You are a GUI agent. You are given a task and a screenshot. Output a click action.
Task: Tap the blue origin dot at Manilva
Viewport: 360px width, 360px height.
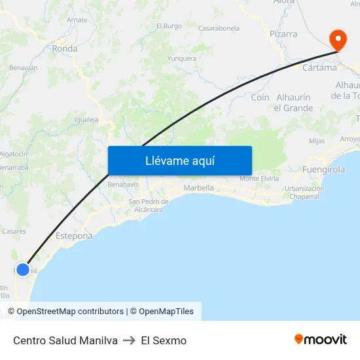(23, 269)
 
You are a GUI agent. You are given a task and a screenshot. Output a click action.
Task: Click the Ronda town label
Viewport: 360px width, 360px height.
(65, 48)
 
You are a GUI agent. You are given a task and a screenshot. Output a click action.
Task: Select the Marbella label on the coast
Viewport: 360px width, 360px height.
(198, 188)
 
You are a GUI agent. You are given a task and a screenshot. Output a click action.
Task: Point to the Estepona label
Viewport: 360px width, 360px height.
(74, 236)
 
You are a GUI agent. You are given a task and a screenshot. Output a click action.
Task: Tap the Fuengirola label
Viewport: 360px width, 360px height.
(324, 170)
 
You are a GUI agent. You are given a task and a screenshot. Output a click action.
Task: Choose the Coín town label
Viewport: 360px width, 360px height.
(260, 97)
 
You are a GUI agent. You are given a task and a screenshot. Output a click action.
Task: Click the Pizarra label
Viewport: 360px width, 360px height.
(283, 33)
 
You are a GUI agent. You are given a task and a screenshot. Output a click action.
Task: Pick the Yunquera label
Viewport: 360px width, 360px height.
(182, 58)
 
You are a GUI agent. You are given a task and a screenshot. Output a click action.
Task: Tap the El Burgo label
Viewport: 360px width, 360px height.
(169, 26)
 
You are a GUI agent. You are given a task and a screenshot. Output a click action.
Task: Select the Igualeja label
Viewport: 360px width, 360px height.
(86, 120)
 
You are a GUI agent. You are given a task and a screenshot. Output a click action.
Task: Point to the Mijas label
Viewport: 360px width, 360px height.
(317, 141)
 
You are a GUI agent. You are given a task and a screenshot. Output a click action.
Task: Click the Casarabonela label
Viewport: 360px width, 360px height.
(219, 28)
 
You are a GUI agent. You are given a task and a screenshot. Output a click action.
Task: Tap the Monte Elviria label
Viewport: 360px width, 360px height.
(259, 179)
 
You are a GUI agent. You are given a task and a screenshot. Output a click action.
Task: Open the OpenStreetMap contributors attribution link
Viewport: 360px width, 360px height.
(70, 312)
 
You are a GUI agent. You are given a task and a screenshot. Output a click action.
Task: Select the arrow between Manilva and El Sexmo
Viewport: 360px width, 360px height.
(129, 340)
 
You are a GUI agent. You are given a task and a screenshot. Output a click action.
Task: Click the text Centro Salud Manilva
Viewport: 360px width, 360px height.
(65, 340)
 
